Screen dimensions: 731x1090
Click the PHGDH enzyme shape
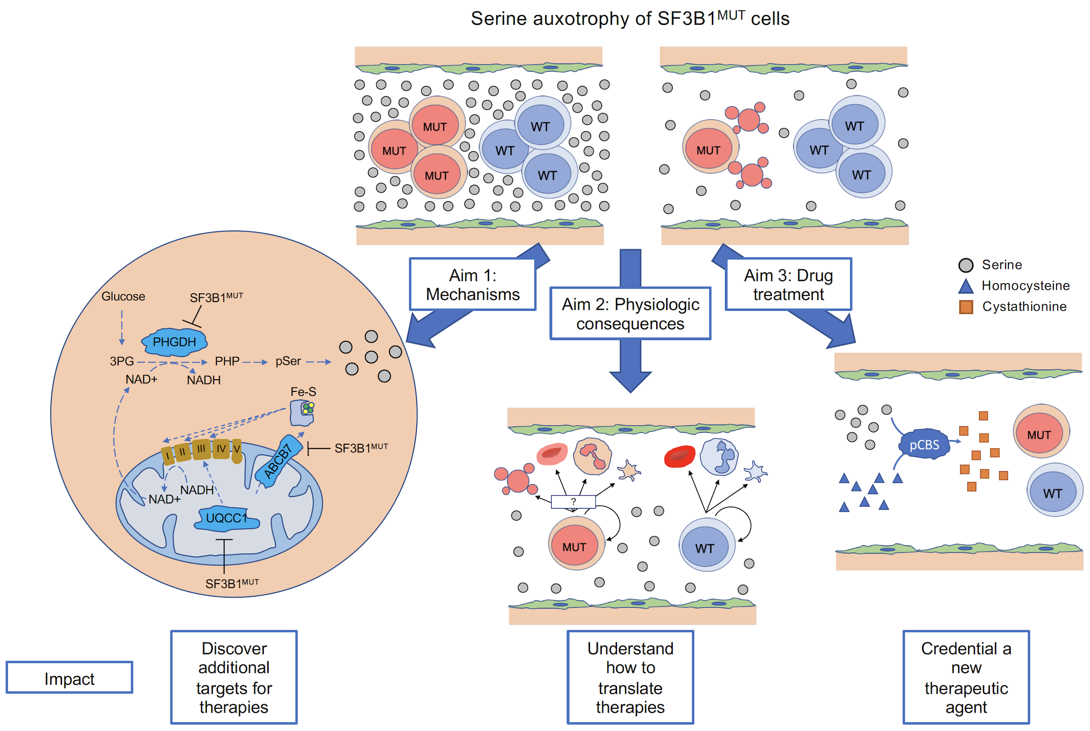click(174, 342)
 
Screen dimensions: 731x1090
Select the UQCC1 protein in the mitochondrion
click(226, 518)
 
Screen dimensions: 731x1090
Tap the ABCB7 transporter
click(278, 461)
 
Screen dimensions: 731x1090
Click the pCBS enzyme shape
click(923, 445)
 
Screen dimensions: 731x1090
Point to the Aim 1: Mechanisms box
click(472, 285)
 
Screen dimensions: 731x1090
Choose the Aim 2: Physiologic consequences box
click(630, 314)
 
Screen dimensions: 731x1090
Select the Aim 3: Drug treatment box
click(788, 285)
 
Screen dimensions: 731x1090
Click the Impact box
click(69, 679)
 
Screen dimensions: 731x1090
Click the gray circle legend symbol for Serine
click(965, 265)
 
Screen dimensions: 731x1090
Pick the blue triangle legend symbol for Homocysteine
click(965, 286)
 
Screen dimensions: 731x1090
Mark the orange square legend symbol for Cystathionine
click(965, 307)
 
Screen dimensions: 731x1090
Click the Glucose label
click(123, 296)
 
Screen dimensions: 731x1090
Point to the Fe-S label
click(303, 391)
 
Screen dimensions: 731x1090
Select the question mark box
click(573, 502)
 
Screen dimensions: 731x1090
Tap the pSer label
click(288, 361)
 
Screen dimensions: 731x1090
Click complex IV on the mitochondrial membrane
click(221, 449)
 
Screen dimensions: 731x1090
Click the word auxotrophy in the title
click(581, 19)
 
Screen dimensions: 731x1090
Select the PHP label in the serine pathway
click(227, 361)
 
